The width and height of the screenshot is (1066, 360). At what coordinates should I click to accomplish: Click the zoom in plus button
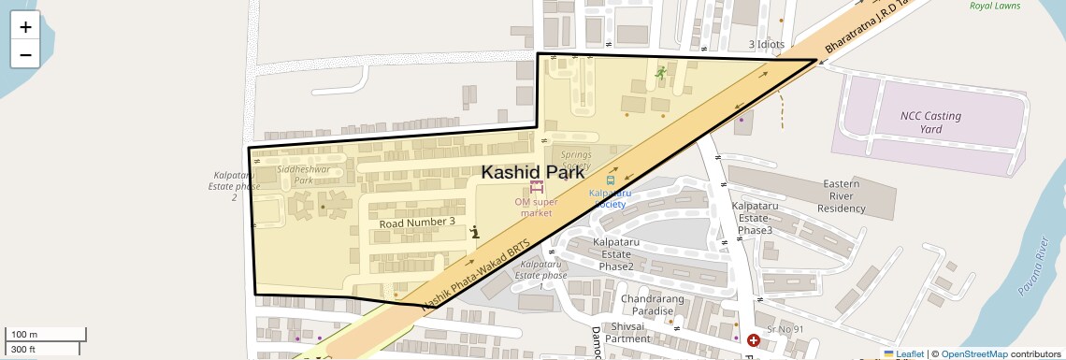tap(25, 27)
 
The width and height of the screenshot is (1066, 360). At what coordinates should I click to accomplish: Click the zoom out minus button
tap(25, 54)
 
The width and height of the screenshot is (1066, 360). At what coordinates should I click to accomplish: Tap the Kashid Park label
tap(532, 172)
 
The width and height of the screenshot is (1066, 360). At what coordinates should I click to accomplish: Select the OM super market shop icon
tap(536, 187)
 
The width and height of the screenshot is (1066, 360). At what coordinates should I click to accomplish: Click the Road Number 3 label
tap(417, 223)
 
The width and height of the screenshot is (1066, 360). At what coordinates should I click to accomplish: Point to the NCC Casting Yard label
tap(930, 122)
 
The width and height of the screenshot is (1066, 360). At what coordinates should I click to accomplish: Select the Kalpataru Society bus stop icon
tap(611, 179)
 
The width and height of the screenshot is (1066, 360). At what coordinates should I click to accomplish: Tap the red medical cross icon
tap(753, 340)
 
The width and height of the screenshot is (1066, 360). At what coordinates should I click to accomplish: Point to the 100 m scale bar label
tap(23, 334)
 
